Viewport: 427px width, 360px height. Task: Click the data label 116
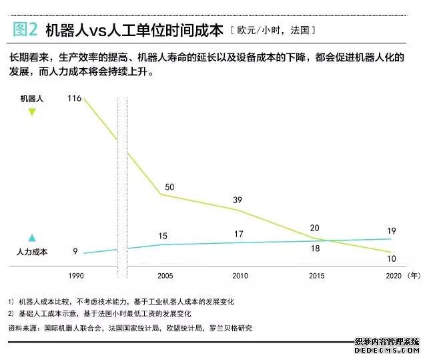pyautogui.click(x=74, y=99)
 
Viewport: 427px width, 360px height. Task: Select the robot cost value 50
pyautogui.click(x=169, y=186)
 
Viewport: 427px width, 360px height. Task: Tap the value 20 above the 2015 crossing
pyautogui.click(x=315, y=227)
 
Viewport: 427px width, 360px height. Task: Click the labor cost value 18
pyautogui.click(x=316, y=248)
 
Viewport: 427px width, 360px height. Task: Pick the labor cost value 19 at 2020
pyautogui.click(x=392, y=231)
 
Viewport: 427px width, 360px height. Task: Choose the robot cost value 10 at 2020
pyautogui.click(x=392, y=258)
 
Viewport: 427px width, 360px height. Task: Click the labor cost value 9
pyautogui.click(x=75, y=251)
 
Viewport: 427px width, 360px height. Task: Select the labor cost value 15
pyautogui.click(x=163, y=236)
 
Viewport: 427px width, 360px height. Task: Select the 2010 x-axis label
pyautogui.click(x=240, y=275)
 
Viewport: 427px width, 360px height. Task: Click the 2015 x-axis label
pyautogui.click(x=316, y=275)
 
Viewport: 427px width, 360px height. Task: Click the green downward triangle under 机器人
pyautogui.click(x=31, y=112)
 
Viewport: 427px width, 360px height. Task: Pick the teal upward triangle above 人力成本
pyautogui.click(x=31, y=238)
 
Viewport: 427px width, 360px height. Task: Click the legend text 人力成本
pyautogui.click(x=32, y=252)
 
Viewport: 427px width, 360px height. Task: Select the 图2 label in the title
pyautogui.click(x=25, y=29)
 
